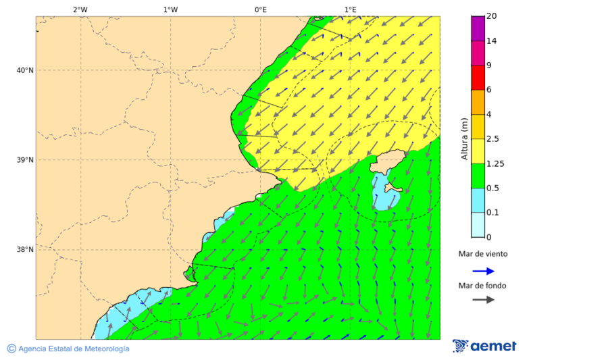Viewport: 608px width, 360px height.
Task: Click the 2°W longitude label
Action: (80, 9)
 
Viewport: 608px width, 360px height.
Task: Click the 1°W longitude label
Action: (170, 9)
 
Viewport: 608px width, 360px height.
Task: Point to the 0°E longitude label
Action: (260, 9)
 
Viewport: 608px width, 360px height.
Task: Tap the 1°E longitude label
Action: (350, 9)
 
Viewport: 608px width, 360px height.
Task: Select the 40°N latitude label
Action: (25, 70)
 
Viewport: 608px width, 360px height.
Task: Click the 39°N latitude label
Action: (25, 160)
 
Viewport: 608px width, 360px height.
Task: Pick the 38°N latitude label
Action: (25, 250)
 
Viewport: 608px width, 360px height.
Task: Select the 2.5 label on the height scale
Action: (492, 139)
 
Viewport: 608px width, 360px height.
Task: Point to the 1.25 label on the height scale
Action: (495, 163)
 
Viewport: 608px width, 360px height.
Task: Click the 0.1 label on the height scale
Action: (492, 213)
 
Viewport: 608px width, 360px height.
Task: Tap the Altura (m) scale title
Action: (465, 138)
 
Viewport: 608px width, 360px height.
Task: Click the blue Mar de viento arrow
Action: (482, 271)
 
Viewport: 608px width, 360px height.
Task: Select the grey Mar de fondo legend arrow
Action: (482, 300)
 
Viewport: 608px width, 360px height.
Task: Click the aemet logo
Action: (484, 346)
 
